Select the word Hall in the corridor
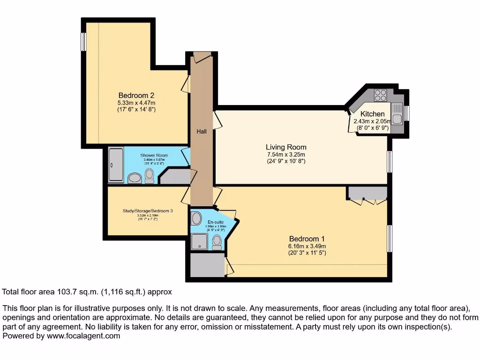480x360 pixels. pos(202,132)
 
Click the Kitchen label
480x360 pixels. pos(373,114)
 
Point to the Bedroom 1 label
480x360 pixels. pos(307,238)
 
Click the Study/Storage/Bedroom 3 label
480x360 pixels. pos(148,211)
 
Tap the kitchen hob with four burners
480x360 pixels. pos(381,95)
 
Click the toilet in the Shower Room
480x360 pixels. pos(149,175)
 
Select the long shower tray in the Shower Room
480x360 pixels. pos(116,165)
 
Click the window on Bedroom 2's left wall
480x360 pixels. pos(83,42)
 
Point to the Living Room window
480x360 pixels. pos(389,162)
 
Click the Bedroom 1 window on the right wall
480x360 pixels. pos(389,239)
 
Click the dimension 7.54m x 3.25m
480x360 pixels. pos(285,155)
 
